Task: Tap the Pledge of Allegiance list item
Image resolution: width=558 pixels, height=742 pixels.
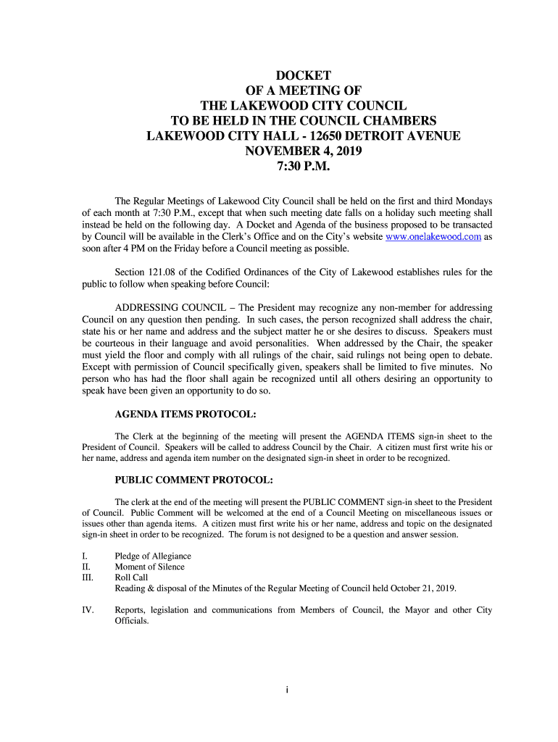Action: [x=153, y=556]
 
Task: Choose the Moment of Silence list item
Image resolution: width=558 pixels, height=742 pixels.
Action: [x=150, y=567]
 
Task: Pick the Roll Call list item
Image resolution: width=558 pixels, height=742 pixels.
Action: [x=131, y=578]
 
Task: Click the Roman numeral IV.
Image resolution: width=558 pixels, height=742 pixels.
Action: [x=88, y=610]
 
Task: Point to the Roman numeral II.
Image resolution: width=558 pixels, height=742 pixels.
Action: [x=86, y=567]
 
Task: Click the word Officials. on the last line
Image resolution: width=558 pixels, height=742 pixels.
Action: [x=132, y=621]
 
